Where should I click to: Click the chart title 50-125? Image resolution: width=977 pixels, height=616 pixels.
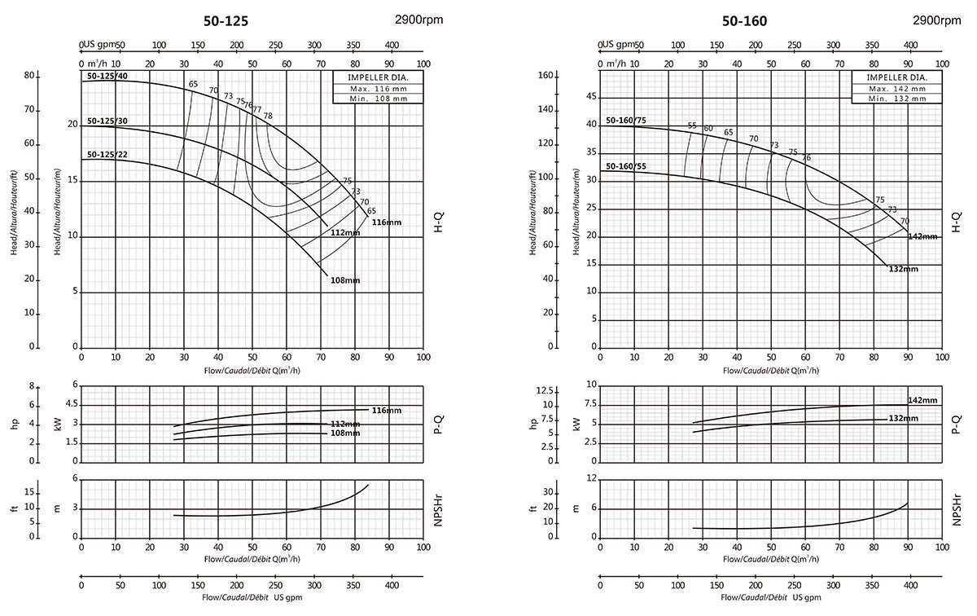[232, 21]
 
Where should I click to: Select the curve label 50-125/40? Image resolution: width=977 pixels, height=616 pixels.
[107, 77]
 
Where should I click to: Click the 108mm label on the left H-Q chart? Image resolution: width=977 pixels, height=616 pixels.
[345, 280]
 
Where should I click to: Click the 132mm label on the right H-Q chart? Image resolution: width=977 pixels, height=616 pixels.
[903, 269]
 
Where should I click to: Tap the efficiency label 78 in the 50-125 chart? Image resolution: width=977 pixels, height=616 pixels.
[268, 116]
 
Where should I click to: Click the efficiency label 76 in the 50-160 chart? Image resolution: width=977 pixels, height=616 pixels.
[807, 158]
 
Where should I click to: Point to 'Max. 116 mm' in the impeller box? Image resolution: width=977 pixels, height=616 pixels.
[370, 88]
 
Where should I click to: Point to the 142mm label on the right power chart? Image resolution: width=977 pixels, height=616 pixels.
[922, 400]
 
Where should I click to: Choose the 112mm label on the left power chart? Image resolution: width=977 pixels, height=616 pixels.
[345, 424]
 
